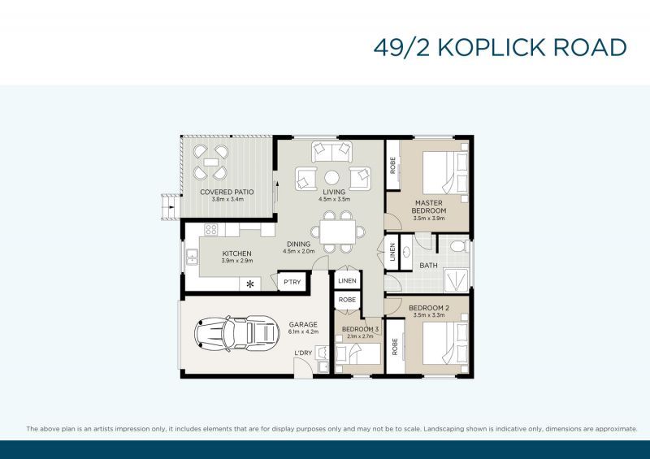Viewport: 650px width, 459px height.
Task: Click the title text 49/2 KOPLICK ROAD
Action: click(500, 47)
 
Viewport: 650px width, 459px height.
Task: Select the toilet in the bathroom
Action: click(457, 246)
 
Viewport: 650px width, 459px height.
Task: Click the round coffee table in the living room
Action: click(332, 177)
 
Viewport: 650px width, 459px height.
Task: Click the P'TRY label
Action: click(291, 282)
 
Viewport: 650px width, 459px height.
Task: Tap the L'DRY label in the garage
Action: click(303, 352)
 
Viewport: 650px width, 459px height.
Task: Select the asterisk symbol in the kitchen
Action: click(250, 284)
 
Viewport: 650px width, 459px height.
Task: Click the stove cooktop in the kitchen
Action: click(210, 230)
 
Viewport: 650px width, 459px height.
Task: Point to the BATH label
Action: click(429, 266)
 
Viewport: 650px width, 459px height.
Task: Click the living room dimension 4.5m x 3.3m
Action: click(334, 199)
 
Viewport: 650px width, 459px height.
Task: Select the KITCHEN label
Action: click(237, 253)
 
